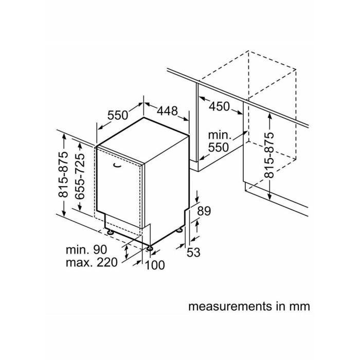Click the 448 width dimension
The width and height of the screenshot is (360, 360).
click(167, 111)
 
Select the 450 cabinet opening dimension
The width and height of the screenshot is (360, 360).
click(220, 106)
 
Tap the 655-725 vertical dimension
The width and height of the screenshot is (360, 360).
click(80, 176)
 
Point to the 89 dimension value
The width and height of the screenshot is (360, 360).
click(204, 211)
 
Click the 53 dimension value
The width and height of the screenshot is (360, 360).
click(193, 253)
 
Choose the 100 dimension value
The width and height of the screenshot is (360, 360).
click(155, 265)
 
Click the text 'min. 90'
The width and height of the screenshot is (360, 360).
click(86, 249)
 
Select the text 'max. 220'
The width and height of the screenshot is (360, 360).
click(92, 262)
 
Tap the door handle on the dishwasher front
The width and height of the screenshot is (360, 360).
click(117, 165)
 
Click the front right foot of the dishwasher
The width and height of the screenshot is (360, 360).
click(150, 248)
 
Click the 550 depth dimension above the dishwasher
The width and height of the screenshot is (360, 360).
click(118, 115)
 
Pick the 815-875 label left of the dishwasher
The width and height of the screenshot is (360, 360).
click(63, 174)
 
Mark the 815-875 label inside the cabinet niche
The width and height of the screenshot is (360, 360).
click(269, 155)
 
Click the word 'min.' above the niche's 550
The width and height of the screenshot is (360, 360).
click(220, 135)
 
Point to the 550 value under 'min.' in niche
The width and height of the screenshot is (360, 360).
click(219, 147)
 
